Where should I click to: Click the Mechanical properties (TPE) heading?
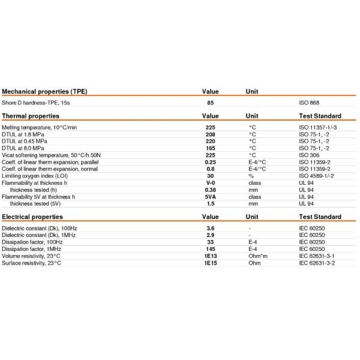pos(44,92)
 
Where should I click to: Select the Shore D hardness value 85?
pos(210,104)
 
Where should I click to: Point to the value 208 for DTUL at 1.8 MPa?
pos(210,134)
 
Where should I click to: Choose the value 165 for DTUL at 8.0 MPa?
pos(210,148)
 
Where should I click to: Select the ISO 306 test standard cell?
pos(309,154)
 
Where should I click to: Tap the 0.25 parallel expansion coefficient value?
pos(210,161)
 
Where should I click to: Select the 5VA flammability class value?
pos(210,197)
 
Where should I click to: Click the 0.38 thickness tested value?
pos(210,189)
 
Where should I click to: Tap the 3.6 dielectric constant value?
pos(210,229)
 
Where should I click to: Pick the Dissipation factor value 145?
pos(210,248)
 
